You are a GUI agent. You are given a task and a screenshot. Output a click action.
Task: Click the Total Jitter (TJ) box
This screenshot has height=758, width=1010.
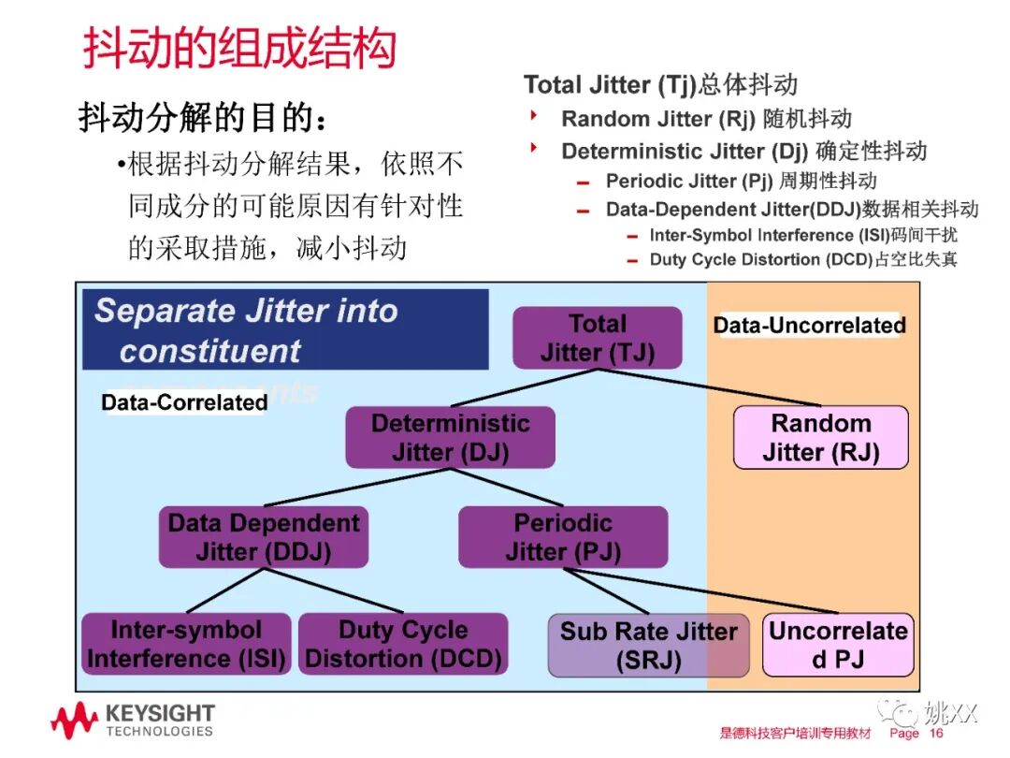click(x=598, y=338)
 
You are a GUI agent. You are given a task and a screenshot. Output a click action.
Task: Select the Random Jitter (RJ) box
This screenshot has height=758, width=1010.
click(x=820, y=437)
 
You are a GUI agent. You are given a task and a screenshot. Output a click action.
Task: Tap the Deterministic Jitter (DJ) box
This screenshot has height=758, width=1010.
click(x=450, y=437)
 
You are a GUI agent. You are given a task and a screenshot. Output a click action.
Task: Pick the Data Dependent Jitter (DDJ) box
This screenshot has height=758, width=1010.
click(x=263, y=537)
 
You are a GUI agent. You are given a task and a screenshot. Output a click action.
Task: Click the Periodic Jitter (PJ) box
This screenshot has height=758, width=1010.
click(x=563, y=537)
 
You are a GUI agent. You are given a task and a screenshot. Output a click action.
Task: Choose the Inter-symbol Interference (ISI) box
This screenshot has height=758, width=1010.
click(x=185, y=644)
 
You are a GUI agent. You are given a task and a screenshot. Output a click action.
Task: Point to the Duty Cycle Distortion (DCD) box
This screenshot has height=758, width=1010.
click(x=403, y=644)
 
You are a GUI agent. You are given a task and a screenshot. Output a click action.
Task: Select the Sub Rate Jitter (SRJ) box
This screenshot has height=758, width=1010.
click(x=648, y=645)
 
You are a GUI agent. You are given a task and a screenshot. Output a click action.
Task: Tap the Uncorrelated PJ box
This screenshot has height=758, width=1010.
click(x=838, y=645)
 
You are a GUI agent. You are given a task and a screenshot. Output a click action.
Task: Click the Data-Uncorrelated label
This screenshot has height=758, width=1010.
click(x=809, y=326)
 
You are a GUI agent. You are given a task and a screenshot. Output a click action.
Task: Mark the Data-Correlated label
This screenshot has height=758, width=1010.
click(x=184, y=402)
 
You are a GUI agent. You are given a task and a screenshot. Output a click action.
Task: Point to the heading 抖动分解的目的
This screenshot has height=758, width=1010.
click(x=204, y=120)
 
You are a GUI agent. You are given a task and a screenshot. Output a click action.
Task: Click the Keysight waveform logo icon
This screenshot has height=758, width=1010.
click(x=74, y=721)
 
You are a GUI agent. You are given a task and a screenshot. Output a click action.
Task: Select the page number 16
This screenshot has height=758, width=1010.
click(x=936, y=734)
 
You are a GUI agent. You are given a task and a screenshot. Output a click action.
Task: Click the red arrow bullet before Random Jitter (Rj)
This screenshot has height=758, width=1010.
click(x=535, y=117)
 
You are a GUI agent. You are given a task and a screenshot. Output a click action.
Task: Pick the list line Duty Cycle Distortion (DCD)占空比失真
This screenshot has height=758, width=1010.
click(x=803, y=259)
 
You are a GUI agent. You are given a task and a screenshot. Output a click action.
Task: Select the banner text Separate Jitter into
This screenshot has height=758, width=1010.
click(x=246, y=311)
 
